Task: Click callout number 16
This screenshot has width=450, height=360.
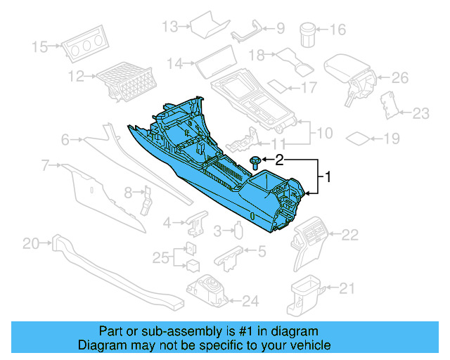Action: coord(338,30)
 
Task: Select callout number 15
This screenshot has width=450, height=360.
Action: coord(40,47)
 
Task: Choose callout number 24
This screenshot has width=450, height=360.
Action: coord(250,302)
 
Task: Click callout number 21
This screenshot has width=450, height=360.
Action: coord(347,287)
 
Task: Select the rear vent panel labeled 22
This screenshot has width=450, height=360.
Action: coord(309,239)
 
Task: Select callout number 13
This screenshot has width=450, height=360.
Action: coord(170,27)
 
